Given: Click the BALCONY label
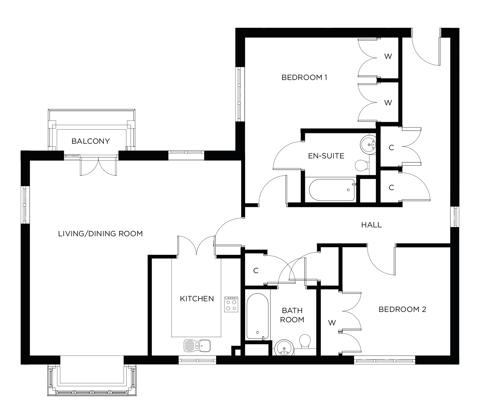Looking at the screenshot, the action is (90, 141).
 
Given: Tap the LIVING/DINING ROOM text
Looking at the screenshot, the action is (100, 234).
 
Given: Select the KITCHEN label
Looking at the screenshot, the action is (197, 298).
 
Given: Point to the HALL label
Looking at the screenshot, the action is (372, 225).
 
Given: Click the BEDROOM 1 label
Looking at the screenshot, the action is (304, 78).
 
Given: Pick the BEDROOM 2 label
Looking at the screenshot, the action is (402, 309).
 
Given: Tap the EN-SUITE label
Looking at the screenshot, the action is (326, 156).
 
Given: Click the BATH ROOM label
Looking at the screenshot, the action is (292, 315).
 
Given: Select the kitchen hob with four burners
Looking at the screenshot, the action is (231, 304).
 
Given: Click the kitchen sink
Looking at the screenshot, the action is (197, 345).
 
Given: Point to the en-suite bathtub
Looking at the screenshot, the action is (332, 190).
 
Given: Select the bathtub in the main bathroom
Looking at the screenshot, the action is (258, 316).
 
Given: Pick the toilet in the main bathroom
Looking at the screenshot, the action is (305, 341).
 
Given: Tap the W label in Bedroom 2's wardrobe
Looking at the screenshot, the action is (332, 323).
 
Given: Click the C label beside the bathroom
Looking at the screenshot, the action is (256, 270).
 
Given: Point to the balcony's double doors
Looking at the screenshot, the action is (99, 166).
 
